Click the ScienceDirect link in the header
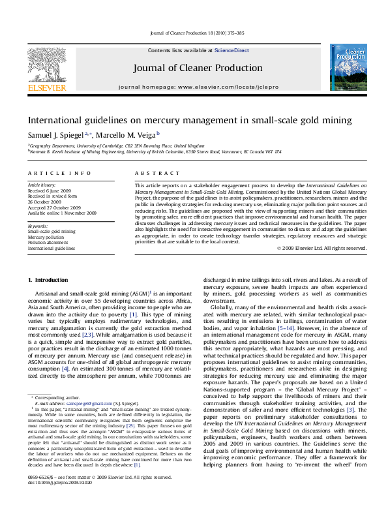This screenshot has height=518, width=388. click(x=231, y=50)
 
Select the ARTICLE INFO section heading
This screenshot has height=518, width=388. click(x=59, y=173)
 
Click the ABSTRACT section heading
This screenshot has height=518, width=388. click(x=155, y=173)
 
